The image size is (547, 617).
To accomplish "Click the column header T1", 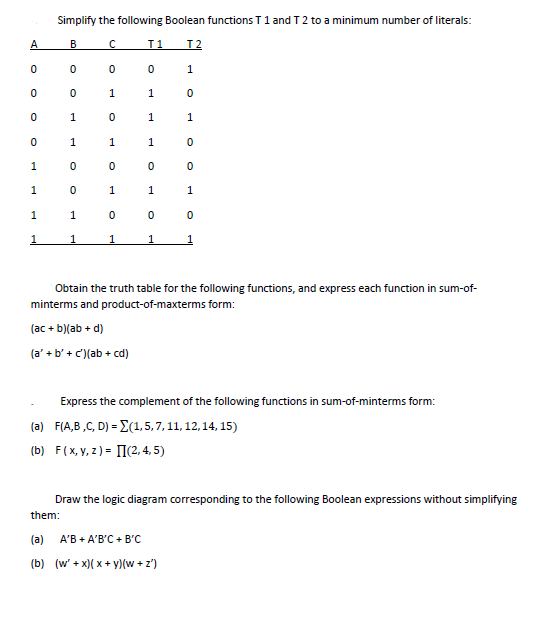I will [x=152, y=43].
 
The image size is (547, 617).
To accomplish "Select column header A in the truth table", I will [x=34, y=43].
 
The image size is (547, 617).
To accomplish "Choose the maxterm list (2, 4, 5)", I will [x=148, y=449].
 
